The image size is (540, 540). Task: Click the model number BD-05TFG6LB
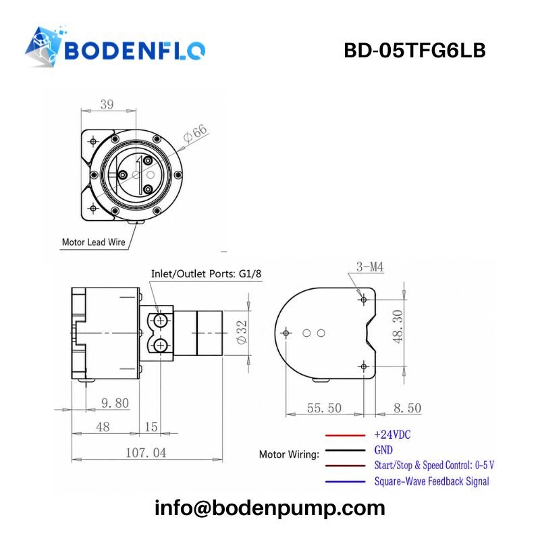click(414, 50)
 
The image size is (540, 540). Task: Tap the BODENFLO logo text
click(134, 51)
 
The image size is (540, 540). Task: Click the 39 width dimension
click(107, 104)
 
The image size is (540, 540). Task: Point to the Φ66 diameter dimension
click(196, 133)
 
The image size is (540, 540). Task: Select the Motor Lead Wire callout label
click(93, 242)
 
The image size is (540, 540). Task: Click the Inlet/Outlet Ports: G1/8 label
click(206, 274)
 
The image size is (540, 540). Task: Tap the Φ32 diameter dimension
click(242, 332)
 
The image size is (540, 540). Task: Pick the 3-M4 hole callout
click(370, 267)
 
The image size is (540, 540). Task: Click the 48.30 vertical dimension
click(398, 327)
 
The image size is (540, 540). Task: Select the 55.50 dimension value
click(324, 408)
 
